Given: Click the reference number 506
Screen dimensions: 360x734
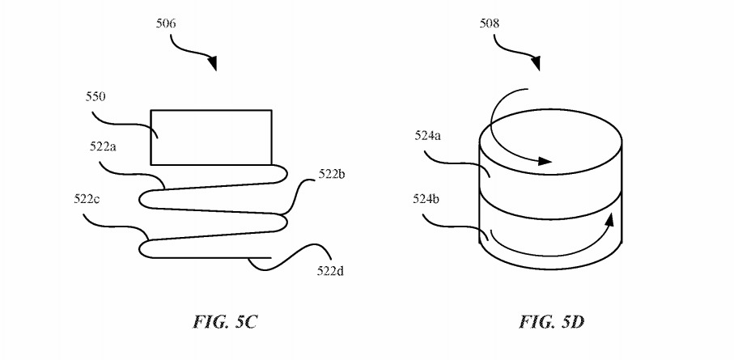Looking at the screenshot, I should (x=166, y=23).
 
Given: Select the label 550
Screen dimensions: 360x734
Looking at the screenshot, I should (x=96, y=97).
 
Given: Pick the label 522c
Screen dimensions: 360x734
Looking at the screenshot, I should (x=86, y=197).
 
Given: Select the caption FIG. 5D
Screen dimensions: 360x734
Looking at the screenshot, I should (x=552, y=323).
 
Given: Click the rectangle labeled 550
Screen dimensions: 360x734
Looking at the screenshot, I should (x=211, y=137).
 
